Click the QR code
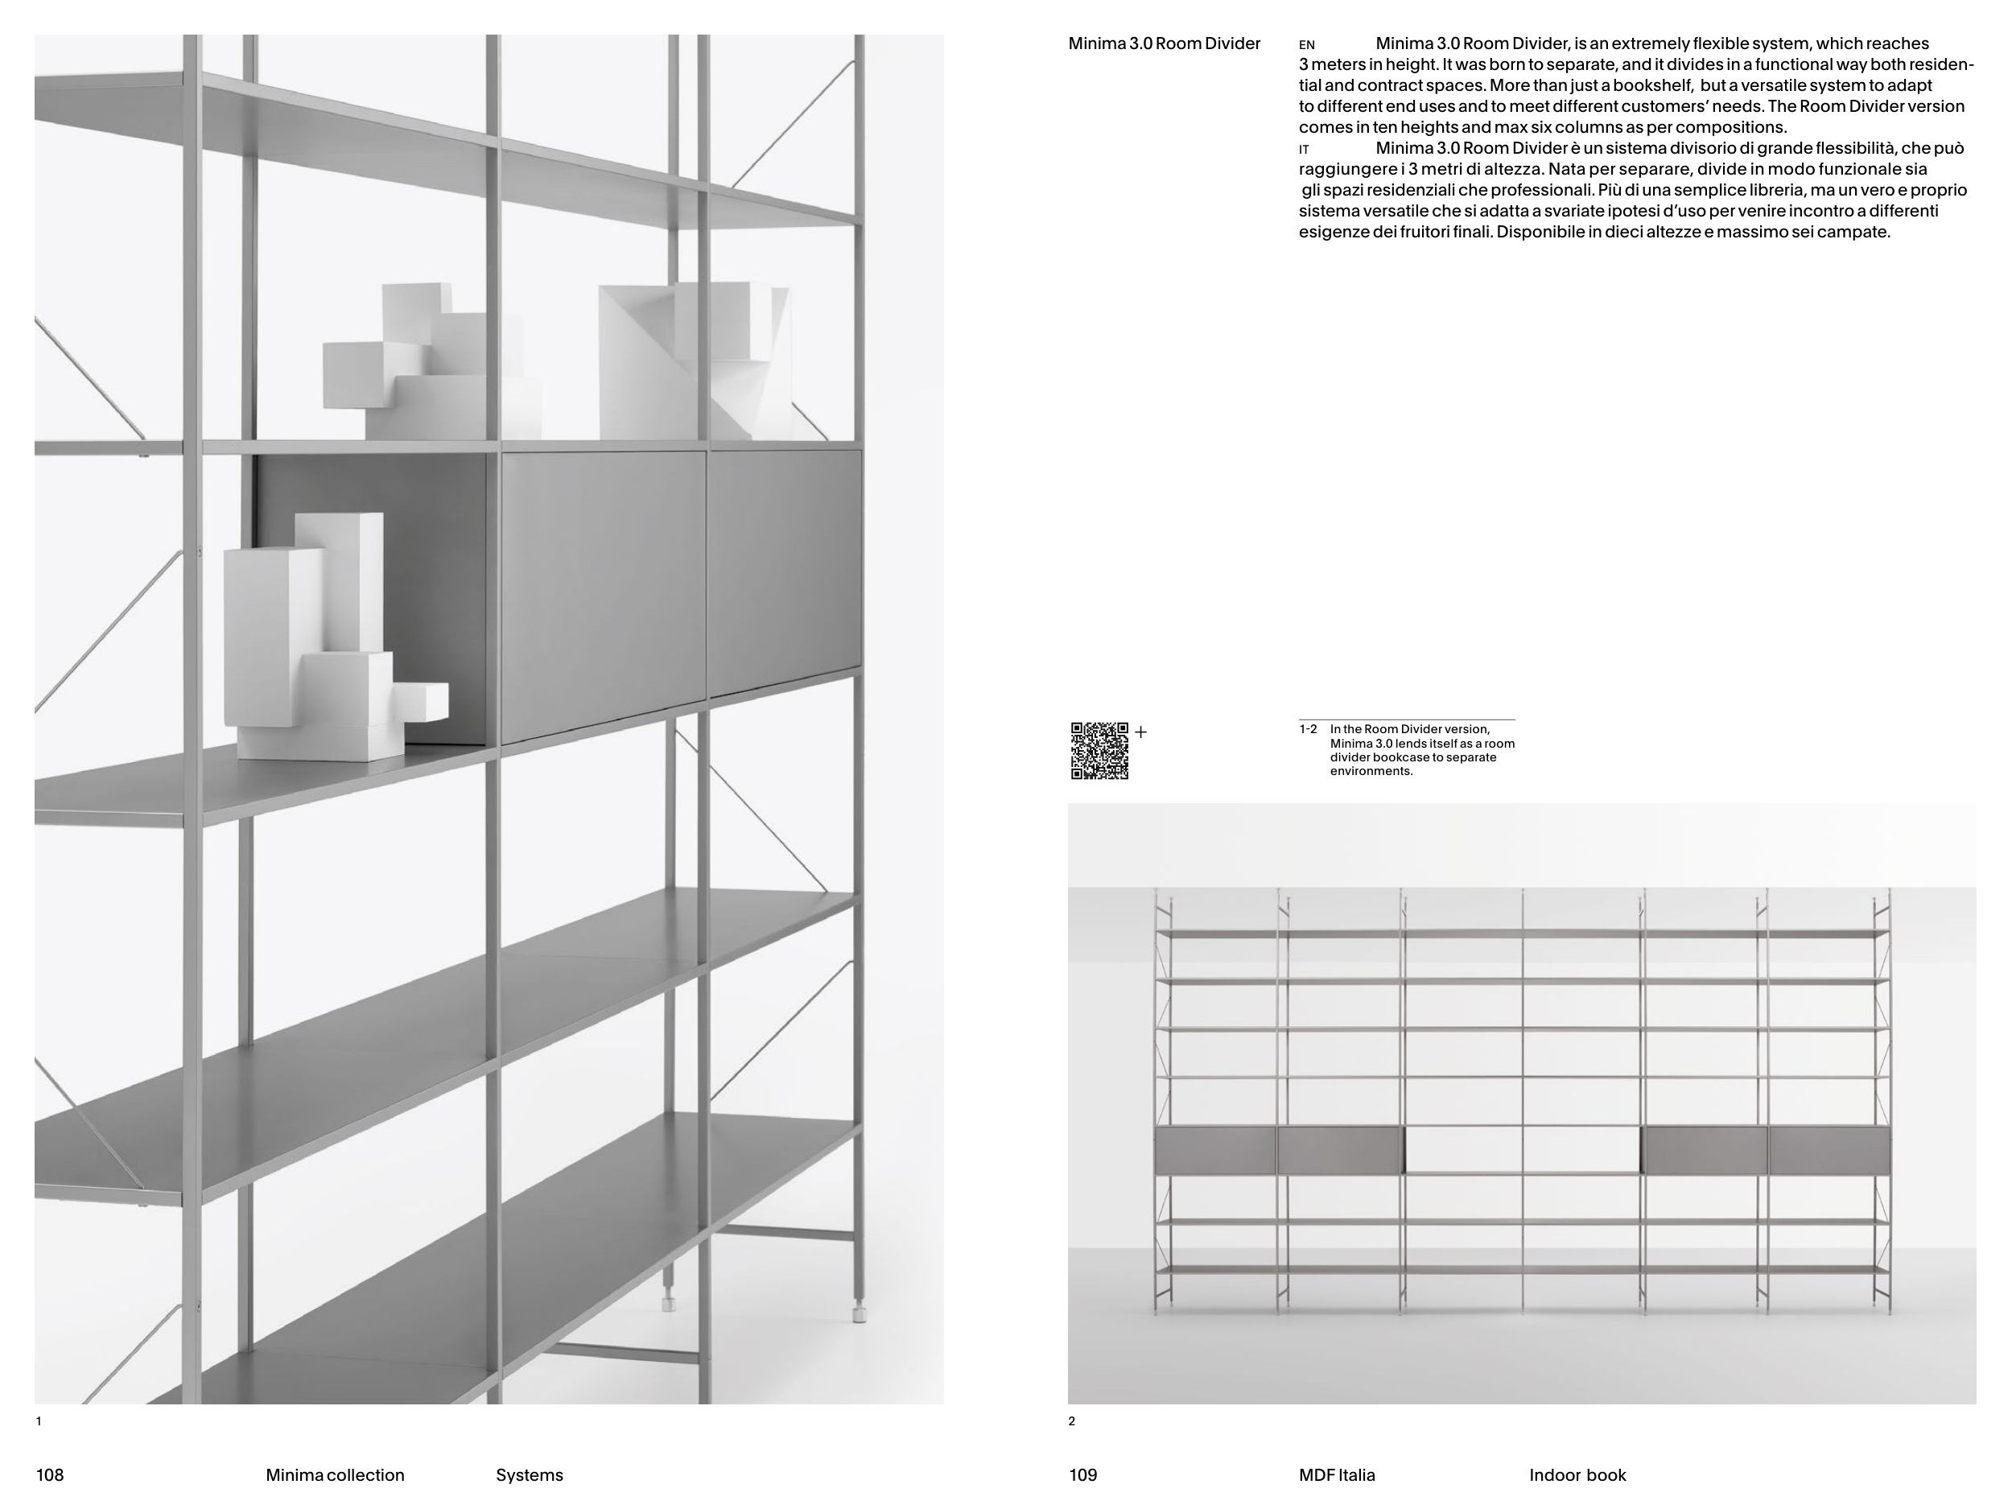(x=1099, y=750)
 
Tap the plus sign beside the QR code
(x=1140, y=732)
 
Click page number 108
(x=50, y=1474)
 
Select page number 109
(x=1083, y=1474)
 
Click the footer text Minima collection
(x=335, y=1474)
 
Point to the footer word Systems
(x=530, y=1474)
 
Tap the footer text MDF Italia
(x=1337, y=1474)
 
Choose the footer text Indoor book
(x=1577, y=1474)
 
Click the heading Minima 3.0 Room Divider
(x=1165, y=43)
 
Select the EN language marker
(x=1307, y=44)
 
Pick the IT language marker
(x=1305, y=149)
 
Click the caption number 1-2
(x=1308, y=729)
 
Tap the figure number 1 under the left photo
(x=38, y=1420)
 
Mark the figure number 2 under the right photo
(x=1071, y=1420)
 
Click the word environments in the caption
(x=1371, y=771)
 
